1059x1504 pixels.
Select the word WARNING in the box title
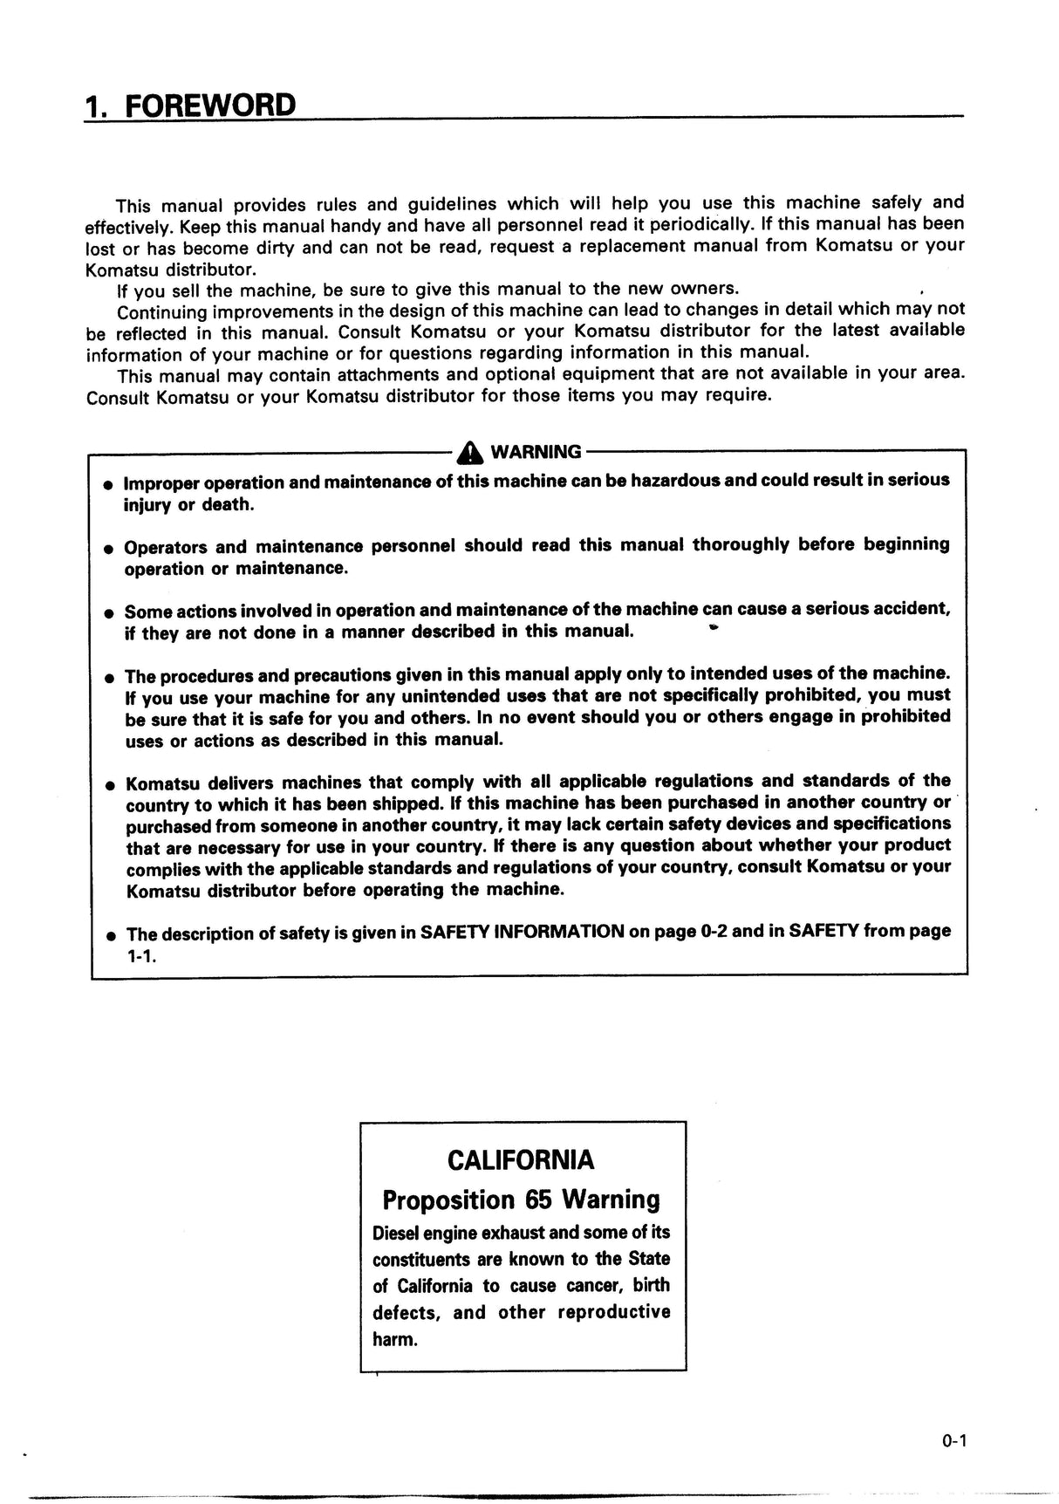tap(536, 452)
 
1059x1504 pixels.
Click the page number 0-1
tap(954, 1441)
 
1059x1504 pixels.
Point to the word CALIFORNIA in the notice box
tap(521, 1160)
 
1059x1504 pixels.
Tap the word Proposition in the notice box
tap(449, 1200)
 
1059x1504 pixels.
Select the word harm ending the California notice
tap(395, 1339)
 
